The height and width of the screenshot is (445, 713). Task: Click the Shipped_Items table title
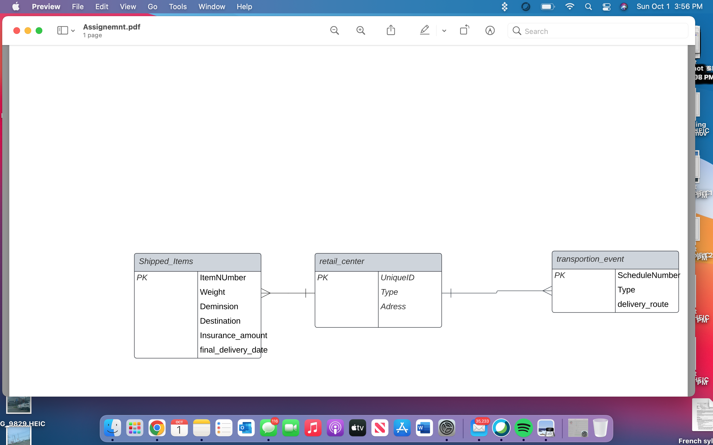[x=166, y=261]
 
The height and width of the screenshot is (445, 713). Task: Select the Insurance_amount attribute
[x=233, y=335]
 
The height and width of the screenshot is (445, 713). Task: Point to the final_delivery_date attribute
[x=233, y=350]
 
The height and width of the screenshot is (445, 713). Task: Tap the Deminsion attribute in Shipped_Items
[x=219, y=306]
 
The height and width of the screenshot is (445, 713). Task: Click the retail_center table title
[x=342, y=261]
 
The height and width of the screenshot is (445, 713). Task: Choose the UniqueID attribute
[x=397, y=278]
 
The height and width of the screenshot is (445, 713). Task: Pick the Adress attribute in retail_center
[x=393, y=306]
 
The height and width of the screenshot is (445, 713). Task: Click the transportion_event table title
[x=590, y=259]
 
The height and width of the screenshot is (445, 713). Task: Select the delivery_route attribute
[x=643, y=304]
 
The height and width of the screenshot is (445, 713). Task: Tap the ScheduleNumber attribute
[x=648, y=275]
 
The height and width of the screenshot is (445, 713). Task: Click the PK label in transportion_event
[x=560, y=275]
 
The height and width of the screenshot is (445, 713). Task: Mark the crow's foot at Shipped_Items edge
[x=265, y=293]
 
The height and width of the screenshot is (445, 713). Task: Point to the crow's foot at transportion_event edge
[x=547, y=291]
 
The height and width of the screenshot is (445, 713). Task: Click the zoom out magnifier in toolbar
[x=334, y=31]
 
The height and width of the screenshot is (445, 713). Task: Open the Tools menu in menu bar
[x=178, y=6]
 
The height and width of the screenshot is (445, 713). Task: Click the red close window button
[x=17, y=31]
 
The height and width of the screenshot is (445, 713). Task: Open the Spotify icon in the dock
[x=523, y=428]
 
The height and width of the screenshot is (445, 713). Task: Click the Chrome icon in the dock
[x=157, y=428]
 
